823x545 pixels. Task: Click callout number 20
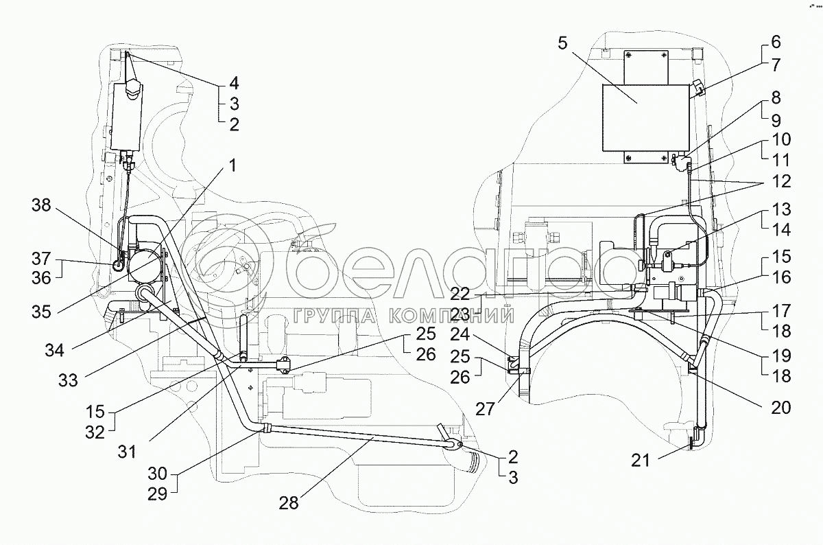[x=780, y=407]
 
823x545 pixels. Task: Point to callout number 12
[x=780, y=182]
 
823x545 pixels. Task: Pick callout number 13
[x=780, y=209]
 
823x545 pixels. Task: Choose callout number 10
[x=780, y=140]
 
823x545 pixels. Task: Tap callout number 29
[x=158, y=495]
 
